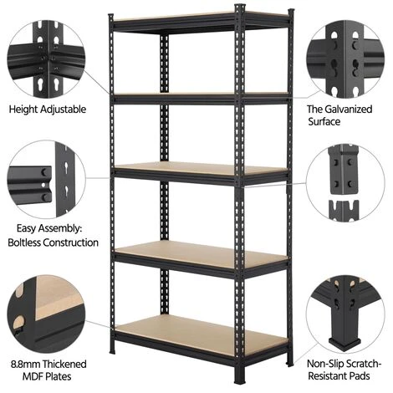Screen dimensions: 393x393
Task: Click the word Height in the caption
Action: point(23,110)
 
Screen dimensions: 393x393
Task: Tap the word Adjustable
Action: point(63,110)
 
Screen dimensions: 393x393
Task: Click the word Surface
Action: point(324,122)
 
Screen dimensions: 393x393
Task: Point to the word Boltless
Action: point(24,242)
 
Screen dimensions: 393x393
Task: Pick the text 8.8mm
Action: point(26,365)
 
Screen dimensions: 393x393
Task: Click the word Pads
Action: point(360,376)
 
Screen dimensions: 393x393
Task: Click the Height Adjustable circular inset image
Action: point(47,59)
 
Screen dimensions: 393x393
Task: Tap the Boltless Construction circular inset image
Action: point(47,180)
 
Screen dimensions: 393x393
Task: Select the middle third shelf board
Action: point(201,168)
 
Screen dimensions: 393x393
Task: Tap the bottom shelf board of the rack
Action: point(202,332)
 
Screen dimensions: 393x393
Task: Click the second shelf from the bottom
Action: point(202,254)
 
